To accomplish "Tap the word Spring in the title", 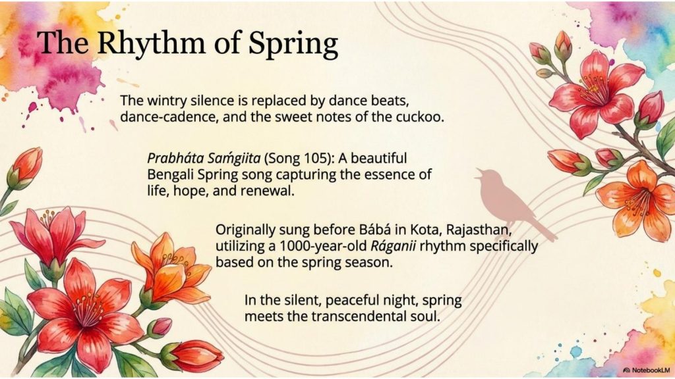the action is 293,45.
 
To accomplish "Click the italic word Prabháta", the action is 175,159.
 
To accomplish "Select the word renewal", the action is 267,191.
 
